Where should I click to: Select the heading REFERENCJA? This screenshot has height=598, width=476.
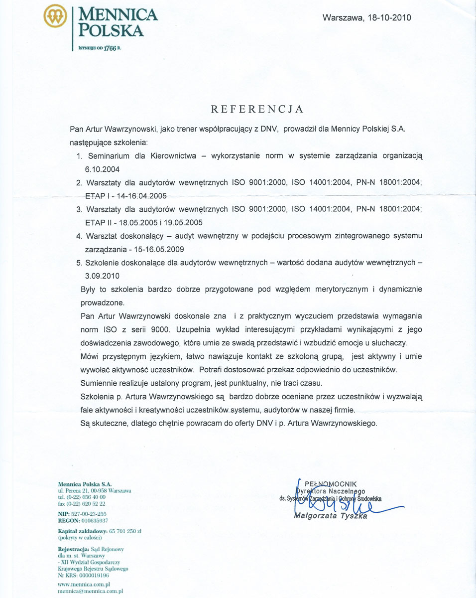[x=257, y=109]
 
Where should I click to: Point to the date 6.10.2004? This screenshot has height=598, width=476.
[x=103, y=169]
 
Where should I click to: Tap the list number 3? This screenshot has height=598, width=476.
[x=79, y=209]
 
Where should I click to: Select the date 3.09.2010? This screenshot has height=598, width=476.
[x=102, y=276]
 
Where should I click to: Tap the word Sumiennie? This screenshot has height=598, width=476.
[x=99, y=383]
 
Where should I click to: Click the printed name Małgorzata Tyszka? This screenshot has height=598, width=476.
[x=331, y=516]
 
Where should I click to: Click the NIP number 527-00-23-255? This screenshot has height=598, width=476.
[x=90, y=513]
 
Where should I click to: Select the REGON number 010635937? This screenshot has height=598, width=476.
[x=91, y=520]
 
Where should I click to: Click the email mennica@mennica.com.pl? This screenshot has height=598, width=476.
[x=90, y=591]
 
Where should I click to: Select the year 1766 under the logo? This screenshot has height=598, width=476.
[x=109, y=48]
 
